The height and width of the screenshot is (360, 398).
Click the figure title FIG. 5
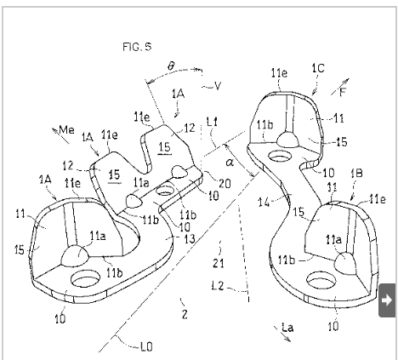137,47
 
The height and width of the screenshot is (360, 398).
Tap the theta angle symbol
171,66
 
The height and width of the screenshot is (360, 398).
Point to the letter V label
218,86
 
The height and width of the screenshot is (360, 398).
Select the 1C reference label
318,69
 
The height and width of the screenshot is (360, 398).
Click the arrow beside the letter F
340,87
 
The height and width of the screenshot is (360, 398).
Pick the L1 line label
213,123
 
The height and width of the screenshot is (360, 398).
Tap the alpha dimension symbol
230,163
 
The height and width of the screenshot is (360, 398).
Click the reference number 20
225,184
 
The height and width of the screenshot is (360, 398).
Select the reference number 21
219,264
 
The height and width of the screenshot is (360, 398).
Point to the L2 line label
218,286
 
